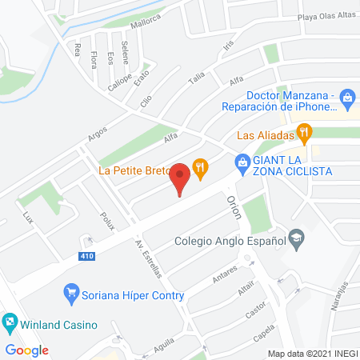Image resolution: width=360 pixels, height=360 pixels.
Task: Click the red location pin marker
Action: tap(181, 178)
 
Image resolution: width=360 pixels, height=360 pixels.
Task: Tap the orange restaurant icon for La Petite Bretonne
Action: tap(201, 167)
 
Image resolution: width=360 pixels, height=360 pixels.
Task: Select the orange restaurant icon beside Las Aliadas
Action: tap(304, 133)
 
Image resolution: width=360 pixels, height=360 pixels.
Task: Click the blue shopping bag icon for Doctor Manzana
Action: tap(346, 99)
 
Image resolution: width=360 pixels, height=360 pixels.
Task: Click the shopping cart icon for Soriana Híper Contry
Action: tap(71, 294)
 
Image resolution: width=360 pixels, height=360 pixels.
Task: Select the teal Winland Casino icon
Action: tap(9, 324)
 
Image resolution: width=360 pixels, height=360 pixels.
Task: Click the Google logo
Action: tap(26, 350)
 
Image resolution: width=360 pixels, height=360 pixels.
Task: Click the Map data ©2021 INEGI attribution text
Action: tap(312, 353)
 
